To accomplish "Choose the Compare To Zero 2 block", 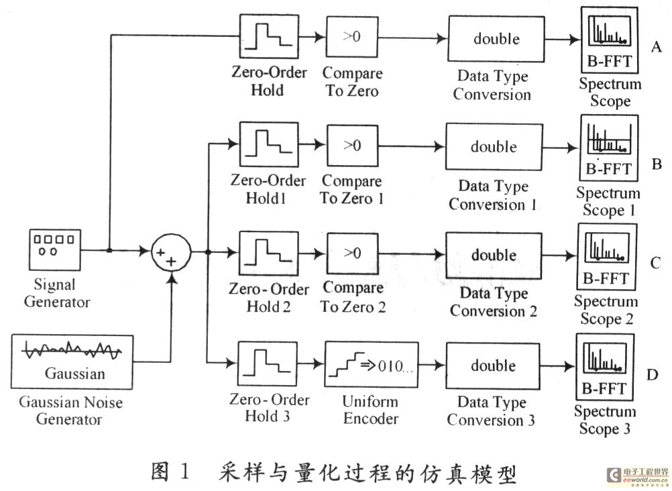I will coord(353,254).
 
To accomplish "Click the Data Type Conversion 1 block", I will coord(494,148).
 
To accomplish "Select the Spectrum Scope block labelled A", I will coord(610,40).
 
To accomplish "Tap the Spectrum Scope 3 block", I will coord(604,367).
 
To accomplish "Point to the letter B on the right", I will coord(657,164).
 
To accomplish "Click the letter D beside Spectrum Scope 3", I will coord(652,373).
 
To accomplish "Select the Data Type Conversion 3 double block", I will coord(493,366).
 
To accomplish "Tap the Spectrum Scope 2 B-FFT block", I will coord(606,258).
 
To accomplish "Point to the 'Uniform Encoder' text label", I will coord(370,410).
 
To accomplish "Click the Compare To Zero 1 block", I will coord(351,146).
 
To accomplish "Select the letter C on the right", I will coord(655,263).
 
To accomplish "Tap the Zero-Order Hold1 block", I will coord(267,146).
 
